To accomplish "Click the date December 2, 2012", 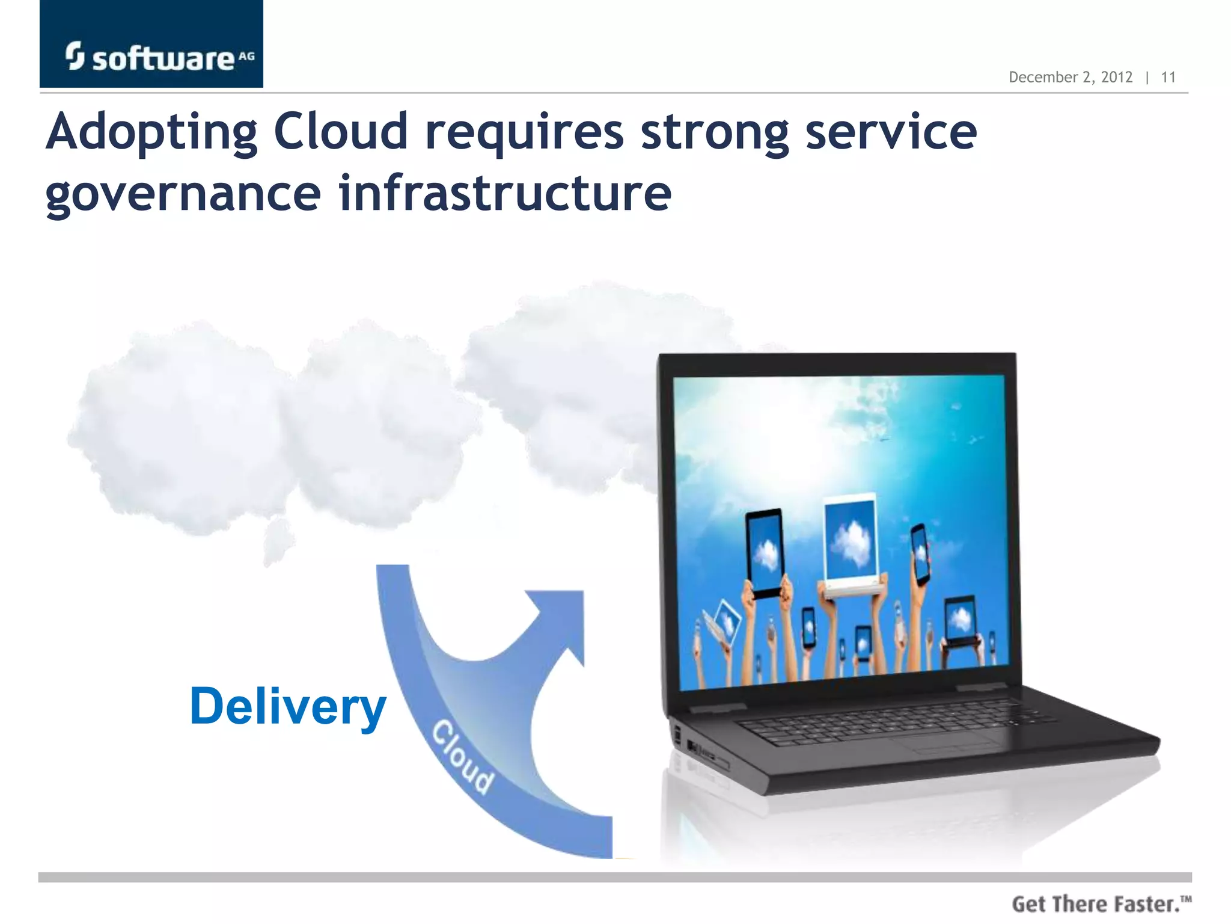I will [1070, 78].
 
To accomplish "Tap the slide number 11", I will [1168, 78].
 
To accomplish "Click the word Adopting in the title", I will [151, 134].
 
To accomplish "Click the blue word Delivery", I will [287, 707].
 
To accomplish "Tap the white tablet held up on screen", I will [851, 541].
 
